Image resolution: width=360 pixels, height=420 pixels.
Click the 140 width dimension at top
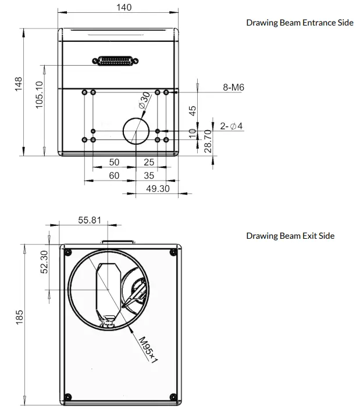pos(124,8)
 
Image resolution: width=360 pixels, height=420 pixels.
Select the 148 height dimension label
pos(19,86)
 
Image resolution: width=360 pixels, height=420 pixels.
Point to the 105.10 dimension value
pos(40,94)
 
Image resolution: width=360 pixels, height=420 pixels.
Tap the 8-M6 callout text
pos(234,88)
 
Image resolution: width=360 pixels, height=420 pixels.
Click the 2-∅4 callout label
pos(231,126)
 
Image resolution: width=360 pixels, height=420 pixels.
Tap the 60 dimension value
pos(114,175)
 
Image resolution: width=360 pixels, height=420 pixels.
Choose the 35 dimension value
pos(149,175)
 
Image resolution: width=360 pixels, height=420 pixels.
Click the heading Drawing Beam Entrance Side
pos(300,23)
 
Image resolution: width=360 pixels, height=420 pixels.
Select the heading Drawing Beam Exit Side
pos(290,235)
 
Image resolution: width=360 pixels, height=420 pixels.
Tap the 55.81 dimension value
pos(90,220)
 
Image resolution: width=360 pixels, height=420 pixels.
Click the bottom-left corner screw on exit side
pos(68,397)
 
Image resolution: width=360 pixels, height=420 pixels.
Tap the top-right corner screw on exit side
pos(172,252)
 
